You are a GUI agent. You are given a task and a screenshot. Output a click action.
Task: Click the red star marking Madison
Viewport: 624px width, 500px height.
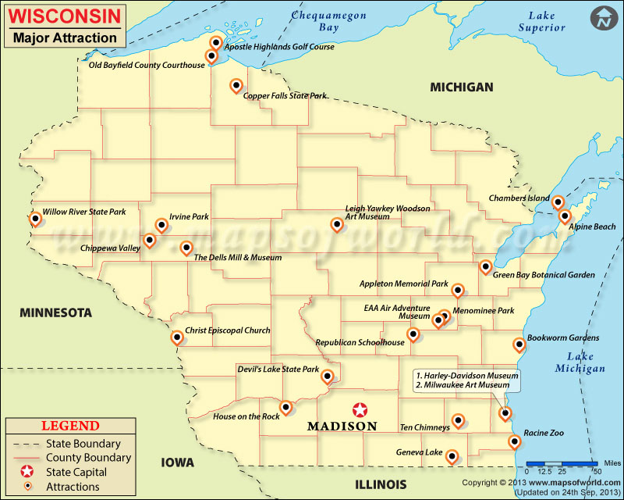360,409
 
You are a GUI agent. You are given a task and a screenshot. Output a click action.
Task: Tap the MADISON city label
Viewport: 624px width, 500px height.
342,427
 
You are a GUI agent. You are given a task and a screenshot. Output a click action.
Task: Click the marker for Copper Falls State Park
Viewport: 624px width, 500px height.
236,86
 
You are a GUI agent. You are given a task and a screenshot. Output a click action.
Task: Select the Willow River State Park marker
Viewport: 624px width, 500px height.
35,219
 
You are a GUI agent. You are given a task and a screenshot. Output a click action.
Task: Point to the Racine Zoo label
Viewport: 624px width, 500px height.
545,432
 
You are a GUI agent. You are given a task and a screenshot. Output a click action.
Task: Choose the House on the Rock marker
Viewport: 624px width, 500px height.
286,406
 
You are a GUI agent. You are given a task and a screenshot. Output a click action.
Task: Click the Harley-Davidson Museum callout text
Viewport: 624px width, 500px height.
467,376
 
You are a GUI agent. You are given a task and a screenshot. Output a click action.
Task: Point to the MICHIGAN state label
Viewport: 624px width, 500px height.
462,87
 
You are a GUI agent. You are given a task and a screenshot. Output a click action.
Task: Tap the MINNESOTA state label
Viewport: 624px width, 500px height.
55,312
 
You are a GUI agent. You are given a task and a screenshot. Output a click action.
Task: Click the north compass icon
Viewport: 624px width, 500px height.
601,18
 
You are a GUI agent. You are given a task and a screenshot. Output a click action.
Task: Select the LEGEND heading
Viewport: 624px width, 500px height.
70,426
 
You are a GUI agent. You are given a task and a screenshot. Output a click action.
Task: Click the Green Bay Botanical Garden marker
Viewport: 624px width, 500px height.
485,267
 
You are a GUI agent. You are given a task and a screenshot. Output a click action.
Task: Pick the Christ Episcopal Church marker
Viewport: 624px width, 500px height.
177,337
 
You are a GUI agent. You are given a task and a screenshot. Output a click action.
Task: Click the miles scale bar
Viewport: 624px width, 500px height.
562,464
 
